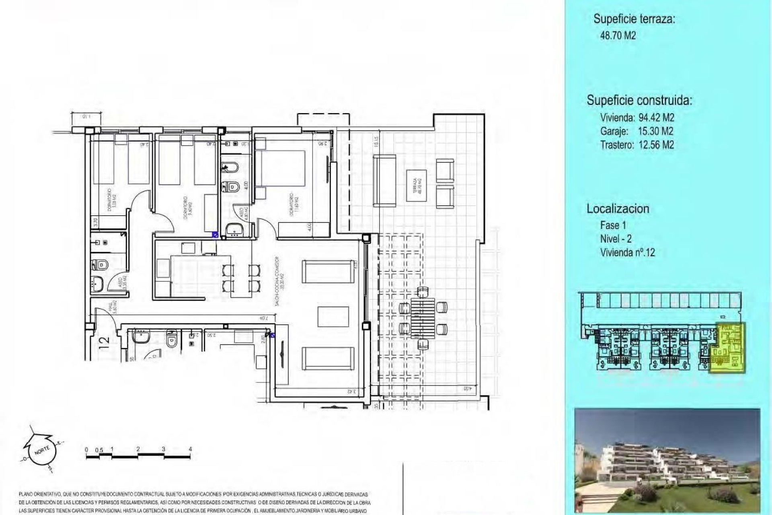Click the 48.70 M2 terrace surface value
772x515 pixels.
coord(618,35)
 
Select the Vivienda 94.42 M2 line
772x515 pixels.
coord(637,117)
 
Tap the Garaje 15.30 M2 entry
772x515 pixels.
coord(636,131)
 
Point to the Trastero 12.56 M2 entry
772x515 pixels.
coord(637,145)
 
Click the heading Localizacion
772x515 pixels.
coord(618,208)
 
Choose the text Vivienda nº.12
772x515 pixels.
coord(627,253)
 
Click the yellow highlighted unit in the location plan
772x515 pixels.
coord(727,348)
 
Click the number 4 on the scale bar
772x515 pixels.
coord(190,449)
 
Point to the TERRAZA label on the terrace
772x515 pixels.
coord(416,186)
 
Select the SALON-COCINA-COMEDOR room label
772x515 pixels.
coord(280,281)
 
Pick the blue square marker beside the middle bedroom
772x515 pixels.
coord(215,234)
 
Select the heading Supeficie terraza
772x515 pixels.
coord(634,19)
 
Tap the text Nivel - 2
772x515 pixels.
coord(616,239)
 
